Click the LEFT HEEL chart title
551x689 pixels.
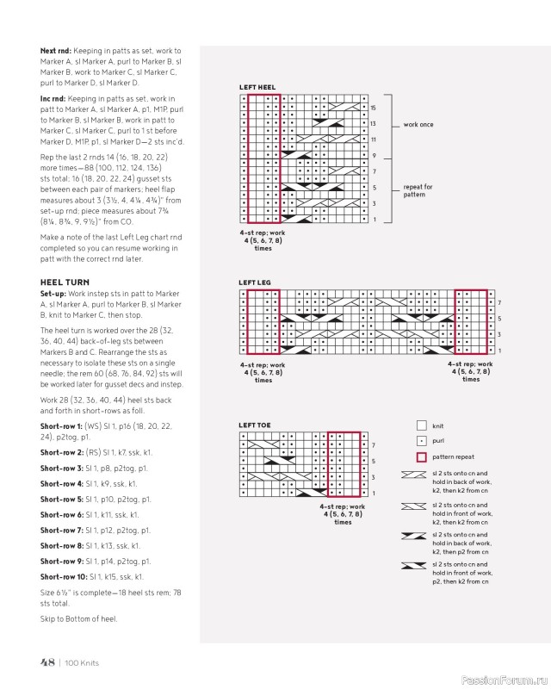(x=257, y=88)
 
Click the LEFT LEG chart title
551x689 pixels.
(x=255, y=282)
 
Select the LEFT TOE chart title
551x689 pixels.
(x=255, y=425)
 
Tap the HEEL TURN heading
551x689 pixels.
(x=65, y=282)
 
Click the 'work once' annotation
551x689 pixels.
(x=418, y=125)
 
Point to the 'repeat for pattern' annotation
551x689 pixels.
(x=418, y=190)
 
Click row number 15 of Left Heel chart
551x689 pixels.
(x=374, y=108)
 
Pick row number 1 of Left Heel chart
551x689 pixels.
(x=374, y=220)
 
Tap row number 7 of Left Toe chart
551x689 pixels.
(x=373, y=444)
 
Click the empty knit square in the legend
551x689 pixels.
(x=421, y=425)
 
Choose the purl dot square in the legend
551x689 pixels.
(x=421, y=441)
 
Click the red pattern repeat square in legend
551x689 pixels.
(x=421, y=456)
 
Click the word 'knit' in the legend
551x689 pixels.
(x=438, y=425)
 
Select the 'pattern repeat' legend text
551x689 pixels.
(x=453, y=456)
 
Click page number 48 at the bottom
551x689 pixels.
(x=47, y=662)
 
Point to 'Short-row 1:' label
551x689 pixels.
(x=61, y=426)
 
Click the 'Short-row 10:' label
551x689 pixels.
(x=63, y=576)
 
